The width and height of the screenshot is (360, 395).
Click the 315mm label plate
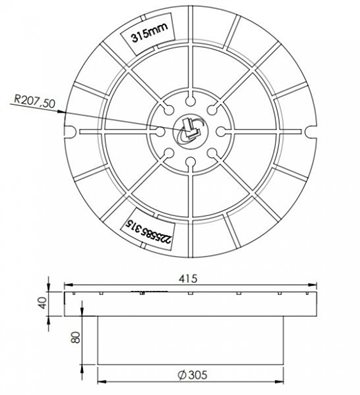(148, 34)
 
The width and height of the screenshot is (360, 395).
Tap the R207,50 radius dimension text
(34, 101)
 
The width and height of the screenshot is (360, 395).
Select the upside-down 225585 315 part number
(147, 229)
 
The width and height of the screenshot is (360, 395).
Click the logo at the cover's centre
(189, 131)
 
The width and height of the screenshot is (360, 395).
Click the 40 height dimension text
(42, 303)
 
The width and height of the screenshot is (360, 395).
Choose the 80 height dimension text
(76, 337)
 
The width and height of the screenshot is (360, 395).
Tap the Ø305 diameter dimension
(192, 375)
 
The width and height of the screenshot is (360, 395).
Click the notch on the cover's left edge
(69, 132)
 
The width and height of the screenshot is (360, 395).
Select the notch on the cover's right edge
(310, 132)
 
